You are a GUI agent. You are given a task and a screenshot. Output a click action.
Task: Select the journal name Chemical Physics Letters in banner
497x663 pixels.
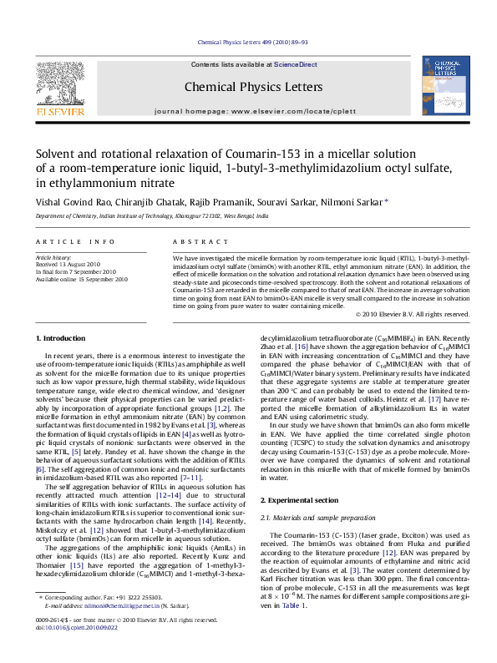click(x=252, y=87)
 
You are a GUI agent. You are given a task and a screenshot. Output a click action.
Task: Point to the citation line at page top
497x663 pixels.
click(x=252, y=41)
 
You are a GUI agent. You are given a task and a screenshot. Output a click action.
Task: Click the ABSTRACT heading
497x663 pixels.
click(x=197, y=242)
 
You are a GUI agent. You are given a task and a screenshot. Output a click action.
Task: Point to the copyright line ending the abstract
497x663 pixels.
click(x=413, y=315)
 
